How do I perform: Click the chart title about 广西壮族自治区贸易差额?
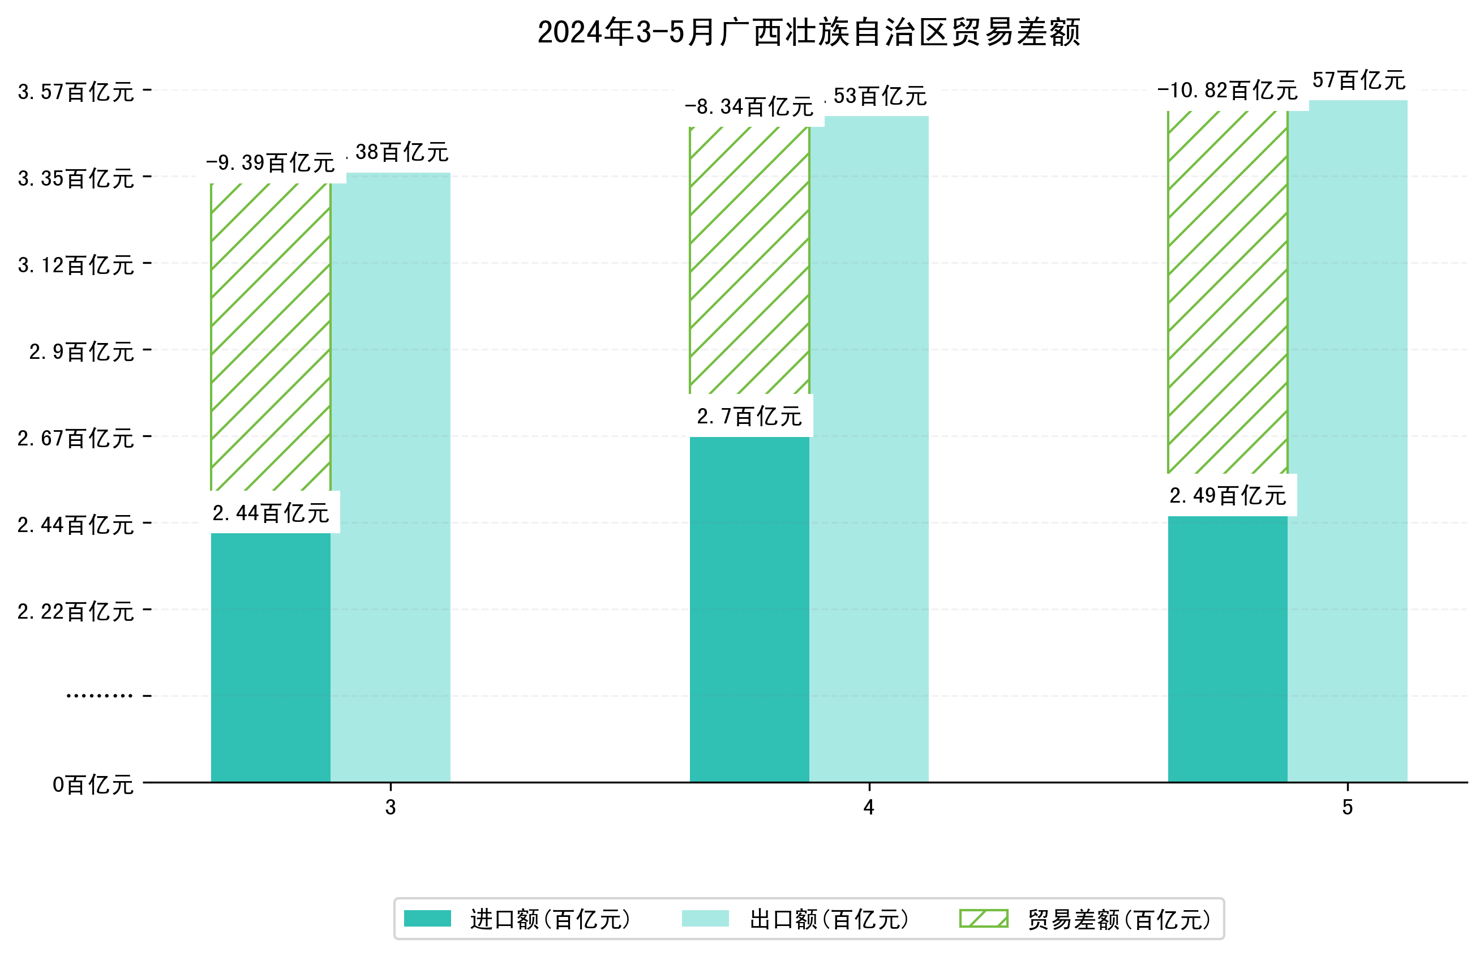(x=808, y=32)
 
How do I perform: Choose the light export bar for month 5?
(x=1348, y=441)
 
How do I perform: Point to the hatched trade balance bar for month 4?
(x=749, y=261)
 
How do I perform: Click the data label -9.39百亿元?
(x=270, y=163)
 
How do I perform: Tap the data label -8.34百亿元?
(x=749, y=108)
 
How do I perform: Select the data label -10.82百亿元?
(x=1227, y=91)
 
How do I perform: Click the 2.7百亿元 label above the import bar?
(x=749, y=417)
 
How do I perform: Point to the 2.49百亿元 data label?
(x=1228, y=496)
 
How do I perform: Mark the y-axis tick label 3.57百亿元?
(x=76, y=92)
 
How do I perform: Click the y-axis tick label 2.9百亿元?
(x=82, y=352)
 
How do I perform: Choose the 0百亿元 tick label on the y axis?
(x=92, y=784)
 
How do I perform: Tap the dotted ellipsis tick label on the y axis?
(x=99, y=695)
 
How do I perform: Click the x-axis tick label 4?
(x=869, y=807)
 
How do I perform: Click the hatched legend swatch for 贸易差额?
(x=983, y=918)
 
